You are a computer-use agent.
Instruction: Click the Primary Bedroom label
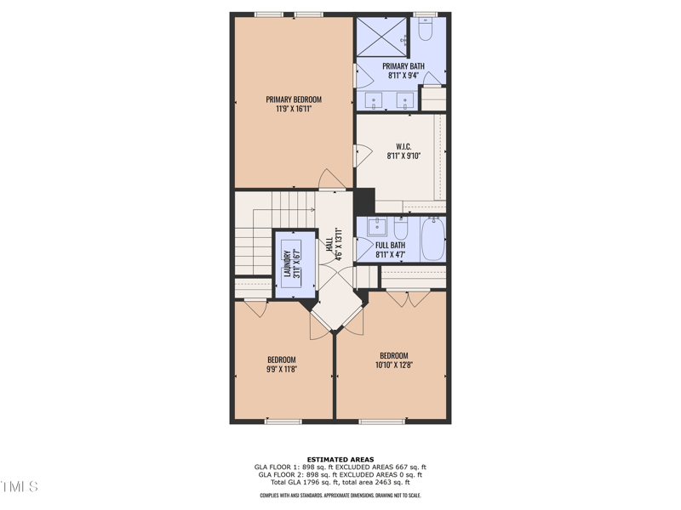tap(294, 99)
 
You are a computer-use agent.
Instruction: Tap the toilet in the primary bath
tap(426, 31)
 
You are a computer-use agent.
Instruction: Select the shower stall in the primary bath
tap(381, 37)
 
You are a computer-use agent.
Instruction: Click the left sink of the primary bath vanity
tap(375, 101)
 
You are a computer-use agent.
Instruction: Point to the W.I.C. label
tap(403, 146)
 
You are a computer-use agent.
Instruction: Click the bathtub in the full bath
tap(432, 239)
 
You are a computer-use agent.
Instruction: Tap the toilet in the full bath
tap(401, 228)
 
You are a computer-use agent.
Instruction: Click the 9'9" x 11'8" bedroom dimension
tap(282, 370)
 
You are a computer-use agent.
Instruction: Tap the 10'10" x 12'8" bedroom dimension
tap(393, 365)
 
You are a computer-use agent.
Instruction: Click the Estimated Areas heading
tap(340, 460)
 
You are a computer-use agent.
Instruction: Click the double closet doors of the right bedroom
tap(408, 298)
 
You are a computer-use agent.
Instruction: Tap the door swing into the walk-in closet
tap(363, 155)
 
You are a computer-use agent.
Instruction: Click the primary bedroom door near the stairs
tap(331, 179)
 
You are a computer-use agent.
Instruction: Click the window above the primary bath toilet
tap(425, 14)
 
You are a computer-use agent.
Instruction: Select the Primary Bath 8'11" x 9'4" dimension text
tap(403, 75)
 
